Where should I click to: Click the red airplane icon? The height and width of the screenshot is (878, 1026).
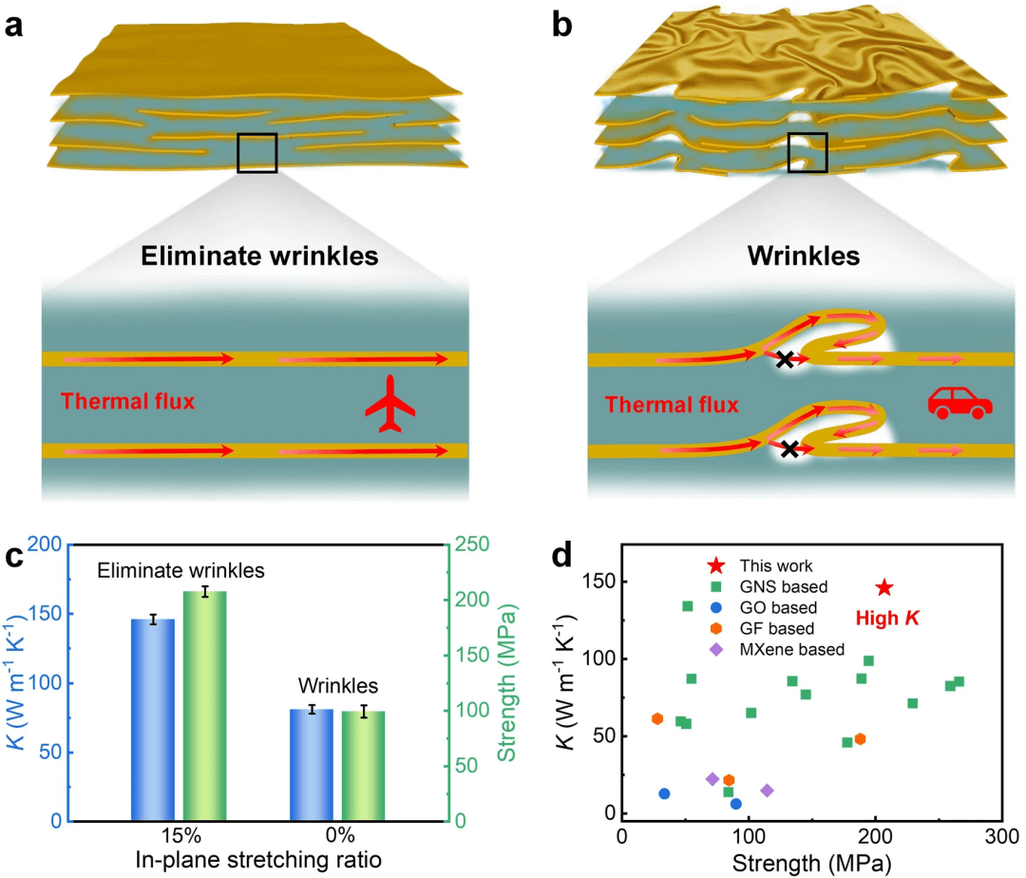(x=391, y=403)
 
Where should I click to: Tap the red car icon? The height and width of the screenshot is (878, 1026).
(x=959, y=402)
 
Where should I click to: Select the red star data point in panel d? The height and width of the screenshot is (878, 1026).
(x=883, y=588)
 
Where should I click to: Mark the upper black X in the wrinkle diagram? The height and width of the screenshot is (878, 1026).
(x=784, y=359)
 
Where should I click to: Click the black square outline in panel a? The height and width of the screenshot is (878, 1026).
(x=256, y=153)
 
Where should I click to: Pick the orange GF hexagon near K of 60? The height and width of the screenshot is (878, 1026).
(x=657, y=718)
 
